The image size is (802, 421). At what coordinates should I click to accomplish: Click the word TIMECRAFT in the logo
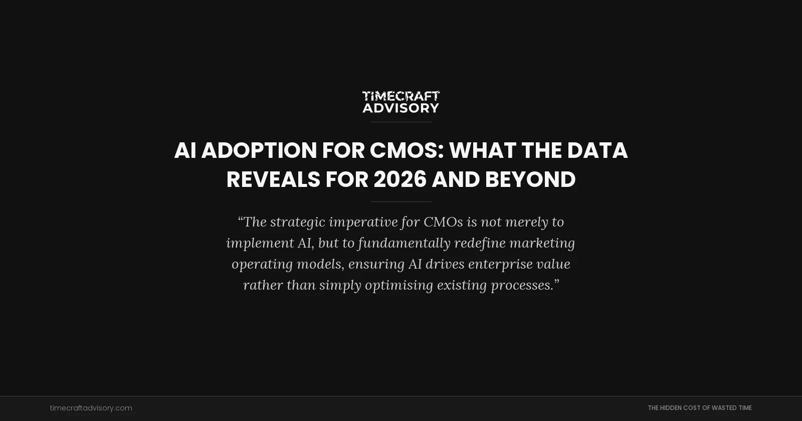click(x=400, y=96)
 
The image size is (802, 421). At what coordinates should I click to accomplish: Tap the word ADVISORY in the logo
click(x=400, y=108)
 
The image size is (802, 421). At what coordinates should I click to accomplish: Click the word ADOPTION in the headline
click(x=259, y=150)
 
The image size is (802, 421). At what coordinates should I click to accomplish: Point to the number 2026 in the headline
click(x=400, y=179)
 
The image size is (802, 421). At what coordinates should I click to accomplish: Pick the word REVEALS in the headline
click(x=273, y=179)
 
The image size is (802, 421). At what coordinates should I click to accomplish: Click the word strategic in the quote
click(x=298, y=222)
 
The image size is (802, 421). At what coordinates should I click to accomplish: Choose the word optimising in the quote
click(x=399, y=285)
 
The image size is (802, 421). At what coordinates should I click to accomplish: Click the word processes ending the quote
click(x=521, y=285)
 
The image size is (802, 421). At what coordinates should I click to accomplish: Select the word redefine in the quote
click(x=480, y=243)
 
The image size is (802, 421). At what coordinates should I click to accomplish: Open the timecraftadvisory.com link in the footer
click(x=91, y=408)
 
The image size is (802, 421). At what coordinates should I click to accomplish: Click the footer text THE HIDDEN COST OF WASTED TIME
click(x=699, y=408)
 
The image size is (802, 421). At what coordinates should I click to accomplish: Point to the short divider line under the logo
click(x=401, y=122)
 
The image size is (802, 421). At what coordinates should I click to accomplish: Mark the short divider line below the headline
click(x=401, y=201)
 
